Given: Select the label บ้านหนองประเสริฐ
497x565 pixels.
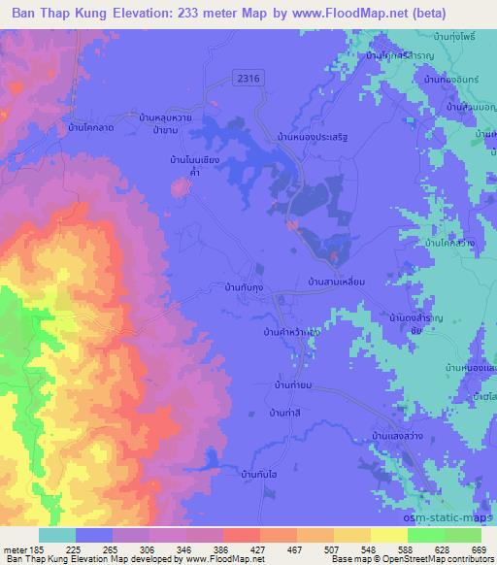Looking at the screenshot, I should [x=312, y=137].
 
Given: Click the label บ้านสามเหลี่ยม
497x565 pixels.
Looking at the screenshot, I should [x=336, y=282].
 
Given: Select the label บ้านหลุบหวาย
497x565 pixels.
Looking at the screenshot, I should [x=172, y=114].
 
